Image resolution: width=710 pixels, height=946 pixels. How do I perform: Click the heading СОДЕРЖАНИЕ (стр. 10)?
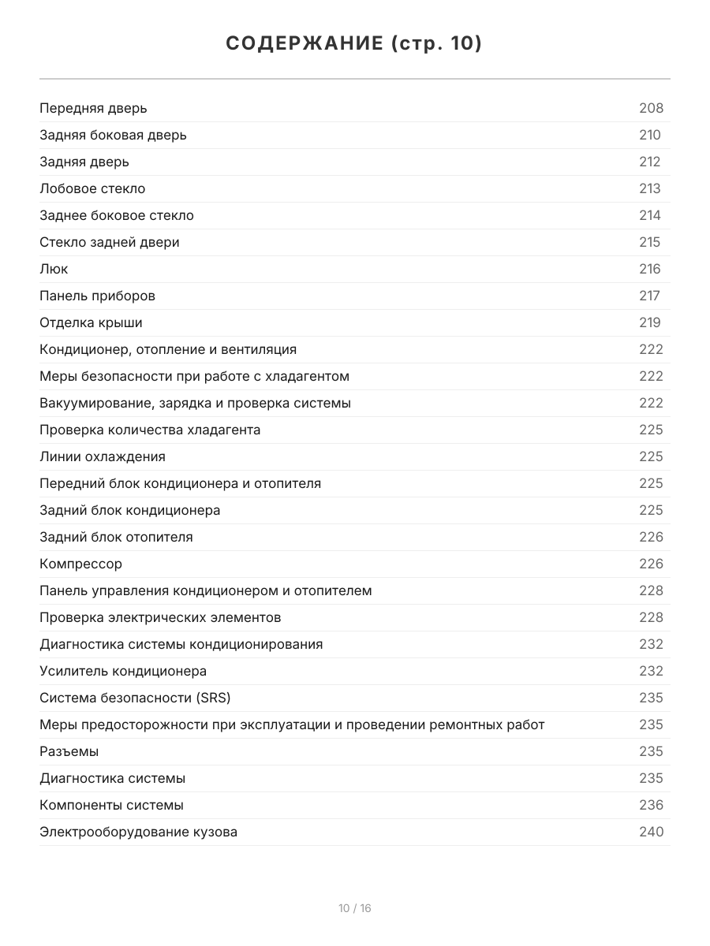point(354,43)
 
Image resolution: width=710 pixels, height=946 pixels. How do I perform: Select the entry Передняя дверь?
point(93,108)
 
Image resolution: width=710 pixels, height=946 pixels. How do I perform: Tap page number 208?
point(651,108)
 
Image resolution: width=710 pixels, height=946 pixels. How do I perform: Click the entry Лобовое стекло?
point(92,188)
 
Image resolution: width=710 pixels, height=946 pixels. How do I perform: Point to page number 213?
point(650,188)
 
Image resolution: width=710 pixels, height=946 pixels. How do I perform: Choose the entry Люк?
point(54,269)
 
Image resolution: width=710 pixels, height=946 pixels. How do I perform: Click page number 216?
point(650,269)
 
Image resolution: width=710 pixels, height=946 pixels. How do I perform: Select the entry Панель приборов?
point(97,296)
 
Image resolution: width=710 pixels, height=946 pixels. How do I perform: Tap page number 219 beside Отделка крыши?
point(650,322)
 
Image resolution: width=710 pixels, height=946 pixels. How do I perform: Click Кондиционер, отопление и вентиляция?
point(168,349)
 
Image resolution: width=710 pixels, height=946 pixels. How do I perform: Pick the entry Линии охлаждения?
point(103,456)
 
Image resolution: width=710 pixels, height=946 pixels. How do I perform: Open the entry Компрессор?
point(80,564)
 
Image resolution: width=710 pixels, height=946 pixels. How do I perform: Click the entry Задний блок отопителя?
point(116,537)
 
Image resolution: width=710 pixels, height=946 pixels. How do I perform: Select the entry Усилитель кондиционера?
point(123,671)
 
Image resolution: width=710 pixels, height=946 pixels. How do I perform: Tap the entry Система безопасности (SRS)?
point(135,698)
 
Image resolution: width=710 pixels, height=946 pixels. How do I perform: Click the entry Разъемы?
point(69,751)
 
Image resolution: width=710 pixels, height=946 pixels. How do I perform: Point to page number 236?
point(651,805)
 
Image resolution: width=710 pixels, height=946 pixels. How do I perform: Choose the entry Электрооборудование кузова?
point(138,832)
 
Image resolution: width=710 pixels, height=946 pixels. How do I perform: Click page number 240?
point(651,832)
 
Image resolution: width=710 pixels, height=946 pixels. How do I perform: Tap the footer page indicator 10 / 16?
point(355,908)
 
